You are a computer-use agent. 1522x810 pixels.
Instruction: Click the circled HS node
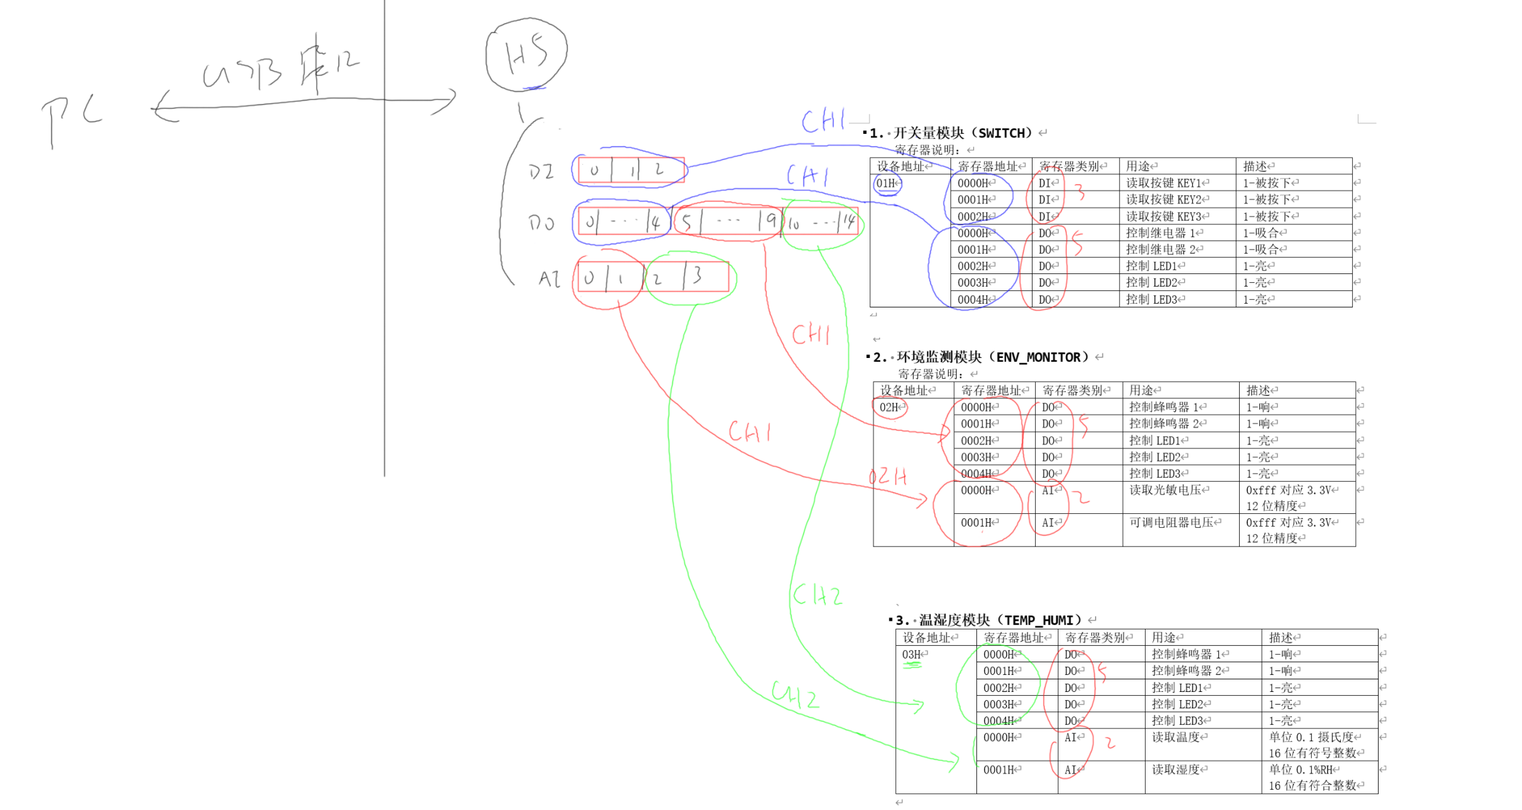(x=526, y=54)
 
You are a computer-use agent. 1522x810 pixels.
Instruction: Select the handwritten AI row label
(x=549, y=279)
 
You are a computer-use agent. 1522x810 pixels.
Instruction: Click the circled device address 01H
(x=887, y=184)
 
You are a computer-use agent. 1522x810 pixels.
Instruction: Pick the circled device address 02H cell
(x=890, y=408)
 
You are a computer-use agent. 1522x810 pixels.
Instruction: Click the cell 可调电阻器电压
(x=1173, y=523)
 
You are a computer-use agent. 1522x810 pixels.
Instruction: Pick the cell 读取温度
(x=1178, y=737)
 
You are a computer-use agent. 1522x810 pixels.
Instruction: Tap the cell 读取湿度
(x=1178, y=770)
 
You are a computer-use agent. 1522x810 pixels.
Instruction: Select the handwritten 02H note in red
(x=887, y=477)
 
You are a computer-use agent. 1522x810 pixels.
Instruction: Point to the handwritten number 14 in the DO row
(x=848, y=222)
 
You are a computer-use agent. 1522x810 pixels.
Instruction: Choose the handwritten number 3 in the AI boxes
(x=697, y=276)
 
